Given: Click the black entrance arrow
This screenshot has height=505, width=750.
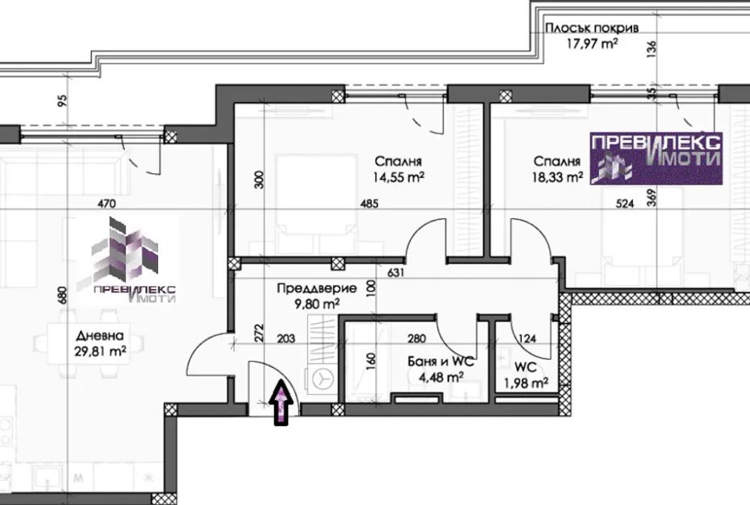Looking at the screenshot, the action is tap(282, 402).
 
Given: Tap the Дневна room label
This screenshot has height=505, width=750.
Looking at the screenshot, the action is tap(99, 335).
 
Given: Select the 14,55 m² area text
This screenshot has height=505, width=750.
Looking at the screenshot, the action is tap(399, 178).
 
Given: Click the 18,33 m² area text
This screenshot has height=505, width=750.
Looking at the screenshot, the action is tap(557, 177).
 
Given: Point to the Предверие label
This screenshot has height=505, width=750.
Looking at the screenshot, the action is tap(317, 288).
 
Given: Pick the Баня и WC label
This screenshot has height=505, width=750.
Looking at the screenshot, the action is tap(441, 361).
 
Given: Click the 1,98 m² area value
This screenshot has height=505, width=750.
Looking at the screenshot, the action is tap(526, 383).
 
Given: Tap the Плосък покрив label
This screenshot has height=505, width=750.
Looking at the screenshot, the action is tap(592, 27).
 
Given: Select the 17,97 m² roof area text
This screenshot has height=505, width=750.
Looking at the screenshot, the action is tap(592, 44).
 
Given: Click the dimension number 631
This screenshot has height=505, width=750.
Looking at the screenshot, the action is tap(396, 273).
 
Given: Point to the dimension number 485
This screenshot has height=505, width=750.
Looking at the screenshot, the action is tap(369, 204).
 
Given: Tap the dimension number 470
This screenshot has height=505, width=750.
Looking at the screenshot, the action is tap(106, 204).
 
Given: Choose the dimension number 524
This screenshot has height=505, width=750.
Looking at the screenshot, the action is tap(625, 204).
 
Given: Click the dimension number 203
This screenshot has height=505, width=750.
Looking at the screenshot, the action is tap(286, 339).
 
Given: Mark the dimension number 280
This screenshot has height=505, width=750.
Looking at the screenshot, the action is tap(417, 339).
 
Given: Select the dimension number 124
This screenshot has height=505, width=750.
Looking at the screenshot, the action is tap(527, 339).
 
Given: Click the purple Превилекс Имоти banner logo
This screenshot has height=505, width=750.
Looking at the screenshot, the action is tap(656, 158).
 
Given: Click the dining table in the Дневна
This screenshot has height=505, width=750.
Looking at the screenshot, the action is tap(89, 342).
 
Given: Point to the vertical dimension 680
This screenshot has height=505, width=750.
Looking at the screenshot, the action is tap(62, 295).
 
